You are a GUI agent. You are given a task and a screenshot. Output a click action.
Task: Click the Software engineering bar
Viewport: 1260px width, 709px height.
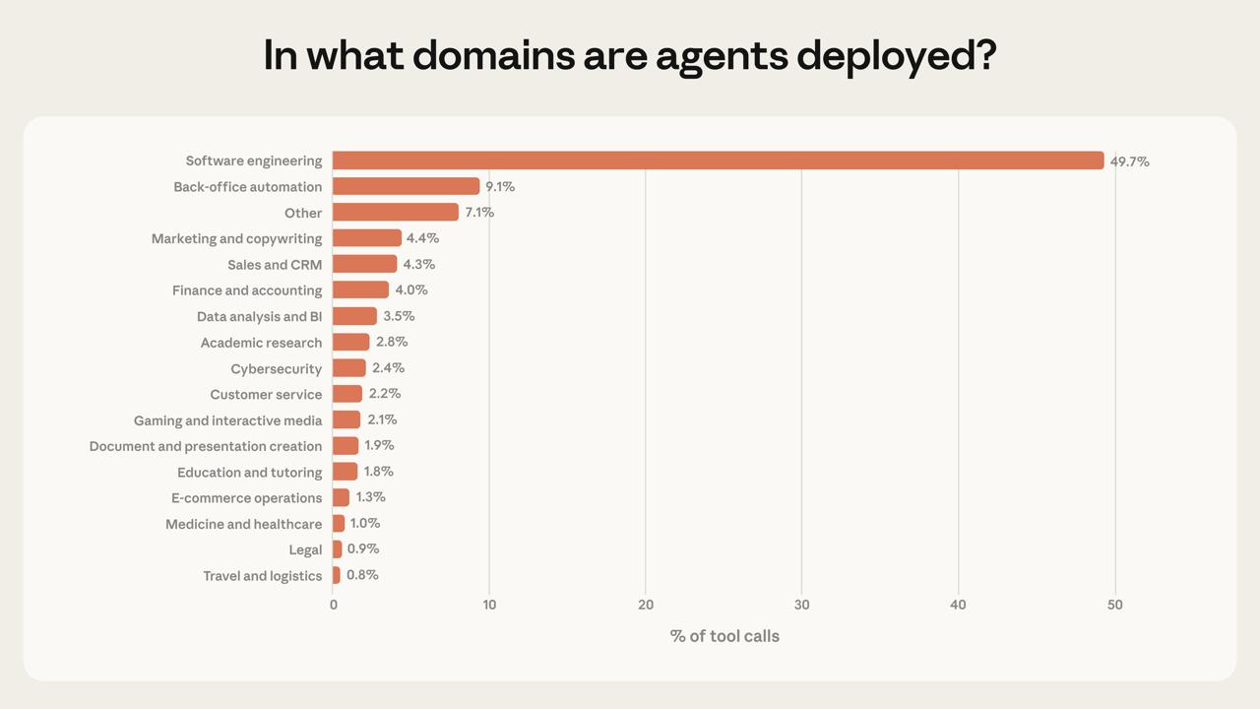(x=718, y=161)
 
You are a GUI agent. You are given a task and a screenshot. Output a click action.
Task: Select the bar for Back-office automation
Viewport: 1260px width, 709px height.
(x=406, y=186)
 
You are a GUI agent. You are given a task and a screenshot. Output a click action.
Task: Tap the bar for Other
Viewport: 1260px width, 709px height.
(x=396, y=213)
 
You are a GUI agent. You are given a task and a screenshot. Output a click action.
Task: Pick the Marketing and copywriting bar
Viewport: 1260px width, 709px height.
(x=367, y=238)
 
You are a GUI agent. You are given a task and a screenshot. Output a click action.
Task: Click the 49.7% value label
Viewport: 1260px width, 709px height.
(x=1129, y=161)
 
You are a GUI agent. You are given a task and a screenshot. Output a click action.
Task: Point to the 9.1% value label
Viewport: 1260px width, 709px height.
(x=500, y=187)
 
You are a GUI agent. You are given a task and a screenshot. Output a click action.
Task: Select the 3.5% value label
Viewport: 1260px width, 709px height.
(x=399, y=316)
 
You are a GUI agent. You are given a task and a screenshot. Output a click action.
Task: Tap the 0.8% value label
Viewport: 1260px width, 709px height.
(x=362, y=575)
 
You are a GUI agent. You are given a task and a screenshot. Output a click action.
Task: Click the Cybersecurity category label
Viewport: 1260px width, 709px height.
(x=276, y=369)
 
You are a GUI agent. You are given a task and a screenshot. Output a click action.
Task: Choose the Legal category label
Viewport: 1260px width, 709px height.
(x=305, y=549)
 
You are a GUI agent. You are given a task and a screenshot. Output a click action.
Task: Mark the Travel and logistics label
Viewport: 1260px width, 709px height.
(x=262, y=576)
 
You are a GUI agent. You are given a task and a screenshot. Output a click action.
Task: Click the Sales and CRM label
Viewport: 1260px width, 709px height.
(x=275, y=265)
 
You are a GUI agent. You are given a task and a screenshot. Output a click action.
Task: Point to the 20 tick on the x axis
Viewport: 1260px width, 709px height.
(x=646, y=605)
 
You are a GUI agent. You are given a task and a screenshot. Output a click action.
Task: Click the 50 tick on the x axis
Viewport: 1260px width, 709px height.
(x=1114, y=605)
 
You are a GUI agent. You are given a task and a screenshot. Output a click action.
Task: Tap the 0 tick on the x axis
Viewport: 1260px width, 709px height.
(x=334, y=605)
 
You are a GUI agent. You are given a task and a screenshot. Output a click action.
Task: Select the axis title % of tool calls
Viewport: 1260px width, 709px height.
(x=724, y=636)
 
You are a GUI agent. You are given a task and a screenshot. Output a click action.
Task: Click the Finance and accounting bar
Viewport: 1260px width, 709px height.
(x=360, y=290)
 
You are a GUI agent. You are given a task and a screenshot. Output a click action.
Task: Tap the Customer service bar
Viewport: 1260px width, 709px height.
(x=347, y=394)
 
